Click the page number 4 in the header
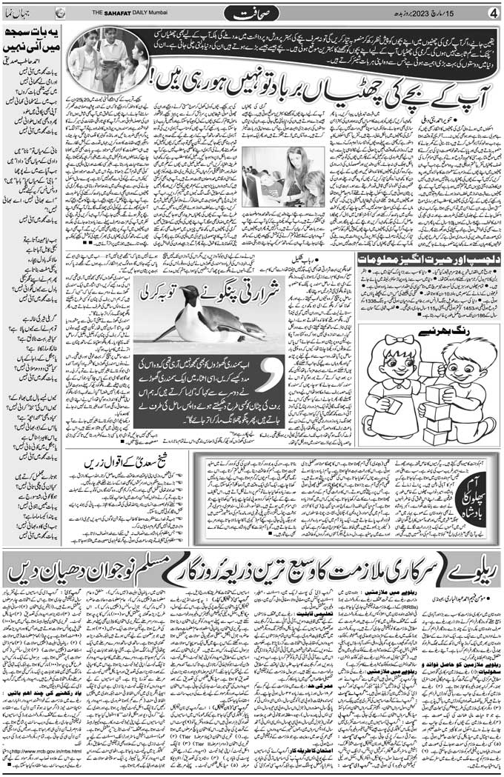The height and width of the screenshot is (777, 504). tap(493, 12)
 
